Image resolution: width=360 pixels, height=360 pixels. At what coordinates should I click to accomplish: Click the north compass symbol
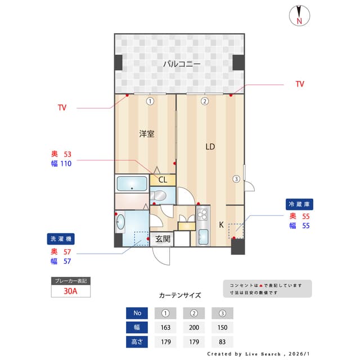pyautogui.click(x=299, y=16)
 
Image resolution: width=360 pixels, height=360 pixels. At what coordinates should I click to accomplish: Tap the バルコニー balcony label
pyautogui.click(x=182, y=64)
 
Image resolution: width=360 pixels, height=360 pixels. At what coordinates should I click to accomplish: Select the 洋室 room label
pyautogui.click(x=147, y=134)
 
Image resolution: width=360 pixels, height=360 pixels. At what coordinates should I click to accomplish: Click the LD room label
pyautogui.click(x=210, y=147)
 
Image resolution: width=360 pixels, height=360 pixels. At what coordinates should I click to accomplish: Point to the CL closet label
pyautogui.click(x=162, y=180)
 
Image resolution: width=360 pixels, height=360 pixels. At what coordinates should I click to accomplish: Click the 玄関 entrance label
pyautogui.click(x=163, y=239)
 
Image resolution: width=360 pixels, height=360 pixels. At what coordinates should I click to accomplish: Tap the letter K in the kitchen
pyautogui.click(x=221, y=224)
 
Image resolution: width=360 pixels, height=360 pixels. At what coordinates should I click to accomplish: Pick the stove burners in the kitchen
pyautogui.click(x=202, y=214)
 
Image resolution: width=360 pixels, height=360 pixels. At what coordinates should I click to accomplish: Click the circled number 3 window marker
pyautogui.click(x=236, y=179)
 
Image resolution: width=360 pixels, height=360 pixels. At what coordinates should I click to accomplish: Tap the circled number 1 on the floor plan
pyautogui.click(x=150, y=102)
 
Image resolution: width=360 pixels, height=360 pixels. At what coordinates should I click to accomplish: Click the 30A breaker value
pyautogui.click(x=71, y=291)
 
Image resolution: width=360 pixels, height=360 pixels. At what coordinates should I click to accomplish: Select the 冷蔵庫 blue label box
pyautogui.click(x=299, y=204)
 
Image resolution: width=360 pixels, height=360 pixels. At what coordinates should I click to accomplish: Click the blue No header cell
pyautogui.click(x=137, y=313)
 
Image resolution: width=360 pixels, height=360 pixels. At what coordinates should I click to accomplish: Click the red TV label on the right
pyautogui.click(x=300, y=84)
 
